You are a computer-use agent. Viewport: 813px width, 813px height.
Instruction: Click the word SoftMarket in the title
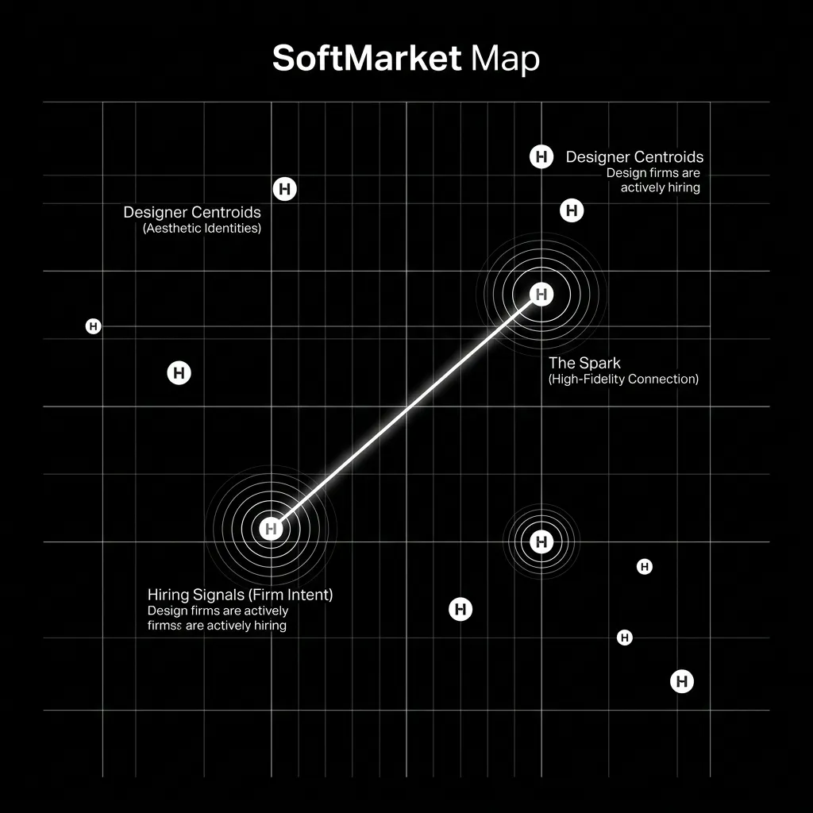pos(367,57)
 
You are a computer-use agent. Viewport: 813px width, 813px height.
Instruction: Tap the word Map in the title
pos(506,59)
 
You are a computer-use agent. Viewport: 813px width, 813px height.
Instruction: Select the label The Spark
pos(584,363)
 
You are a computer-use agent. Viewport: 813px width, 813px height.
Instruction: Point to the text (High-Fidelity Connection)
pos(623,379)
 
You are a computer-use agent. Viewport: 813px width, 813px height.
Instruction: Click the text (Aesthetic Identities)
pos(202,228)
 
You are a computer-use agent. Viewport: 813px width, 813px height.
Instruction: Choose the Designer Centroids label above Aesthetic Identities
pos(192,212)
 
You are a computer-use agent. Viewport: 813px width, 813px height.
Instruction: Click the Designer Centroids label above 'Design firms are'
pos(634,156)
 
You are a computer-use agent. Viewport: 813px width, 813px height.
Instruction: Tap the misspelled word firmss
pos(164,626)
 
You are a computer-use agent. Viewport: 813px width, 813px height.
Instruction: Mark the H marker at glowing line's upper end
pos(541,295)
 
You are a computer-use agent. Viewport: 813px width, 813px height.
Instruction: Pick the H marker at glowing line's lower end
pos(272,529)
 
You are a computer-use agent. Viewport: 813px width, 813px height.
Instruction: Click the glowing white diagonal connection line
pos(406,412)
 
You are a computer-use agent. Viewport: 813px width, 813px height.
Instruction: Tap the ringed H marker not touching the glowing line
pos(541,541)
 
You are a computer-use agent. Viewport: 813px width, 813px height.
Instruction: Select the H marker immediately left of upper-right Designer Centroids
pos(541,156)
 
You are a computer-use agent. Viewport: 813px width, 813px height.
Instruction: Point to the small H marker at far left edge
pos(94,326)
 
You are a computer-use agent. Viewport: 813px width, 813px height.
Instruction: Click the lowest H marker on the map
pos(682,681)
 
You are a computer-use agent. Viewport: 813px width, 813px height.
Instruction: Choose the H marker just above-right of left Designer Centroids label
pos(285,189)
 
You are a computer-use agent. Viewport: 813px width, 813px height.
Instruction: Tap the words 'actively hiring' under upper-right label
pos(660,187)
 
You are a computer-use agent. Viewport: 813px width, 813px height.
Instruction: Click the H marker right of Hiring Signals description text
pos(460,609)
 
